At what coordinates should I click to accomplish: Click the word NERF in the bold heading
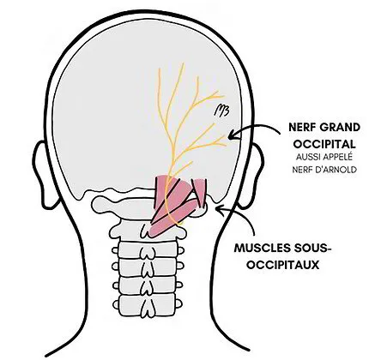(x=301, y=127)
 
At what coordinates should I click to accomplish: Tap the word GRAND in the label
(x=340, y=127)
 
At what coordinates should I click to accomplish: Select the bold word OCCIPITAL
(x=324, y=144)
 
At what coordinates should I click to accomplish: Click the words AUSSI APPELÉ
(x=324, y=157)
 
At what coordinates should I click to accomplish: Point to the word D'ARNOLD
(x=335, y=170)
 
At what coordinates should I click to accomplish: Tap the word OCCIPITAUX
(x=283, y=265)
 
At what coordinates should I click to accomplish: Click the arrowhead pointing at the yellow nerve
(x=233, y=134)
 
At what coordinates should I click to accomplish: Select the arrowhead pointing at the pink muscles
(x=220, y=208)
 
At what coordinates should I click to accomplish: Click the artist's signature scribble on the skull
(x=222, y=111)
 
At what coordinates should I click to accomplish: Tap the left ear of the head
(x=43, y=174)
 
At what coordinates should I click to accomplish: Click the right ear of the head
(x=252, y=175)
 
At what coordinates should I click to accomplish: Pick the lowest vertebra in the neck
(x=148, y=305)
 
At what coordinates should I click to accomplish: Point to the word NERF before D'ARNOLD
(x=301, y=170)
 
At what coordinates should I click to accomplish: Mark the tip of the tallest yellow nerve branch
(x=183, y=63)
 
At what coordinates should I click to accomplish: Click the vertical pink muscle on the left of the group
(x=160, y=191)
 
